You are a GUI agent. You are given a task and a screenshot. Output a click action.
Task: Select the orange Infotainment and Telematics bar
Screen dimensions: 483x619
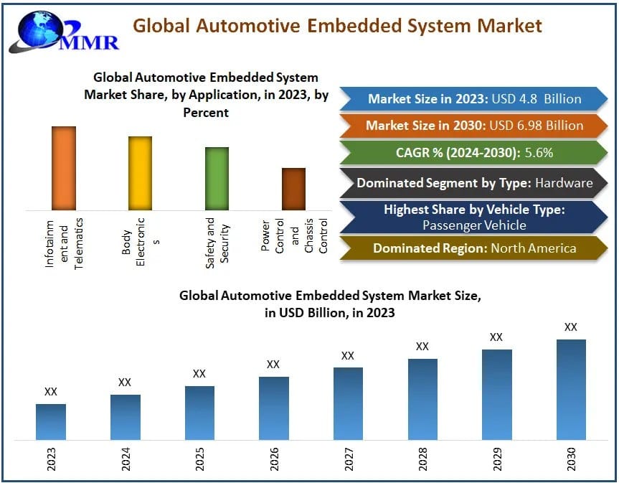tap(64, 168)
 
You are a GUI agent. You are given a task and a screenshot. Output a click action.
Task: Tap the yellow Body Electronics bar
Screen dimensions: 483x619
tap(140, 173)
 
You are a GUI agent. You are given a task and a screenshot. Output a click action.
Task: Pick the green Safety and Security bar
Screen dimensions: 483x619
tap(217, 178)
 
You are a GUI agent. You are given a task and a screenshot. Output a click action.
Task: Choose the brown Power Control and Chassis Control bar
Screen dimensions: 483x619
tap(293, 189)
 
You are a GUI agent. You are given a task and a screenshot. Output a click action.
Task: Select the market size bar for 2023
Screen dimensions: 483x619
tap(51, 421)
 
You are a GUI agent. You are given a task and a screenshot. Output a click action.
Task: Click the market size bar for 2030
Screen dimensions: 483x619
tap(571, 389)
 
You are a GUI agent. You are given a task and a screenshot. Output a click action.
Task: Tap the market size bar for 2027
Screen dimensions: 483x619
tap(348, 403)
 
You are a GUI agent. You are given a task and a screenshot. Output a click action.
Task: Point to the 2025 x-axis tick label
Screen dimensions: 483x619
tap(199, 459)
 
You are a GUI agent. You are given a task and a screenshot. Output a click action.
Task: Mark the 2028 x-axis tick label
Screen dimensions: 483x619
tap(422, 459)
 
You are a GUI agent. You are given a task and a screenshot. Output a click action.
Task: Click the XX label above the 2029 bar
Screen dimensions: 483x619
tap(496, 337)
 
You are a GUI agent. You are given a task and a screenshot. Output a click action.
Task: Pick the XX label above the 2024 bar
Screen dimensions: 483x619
tap(125, 382)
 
